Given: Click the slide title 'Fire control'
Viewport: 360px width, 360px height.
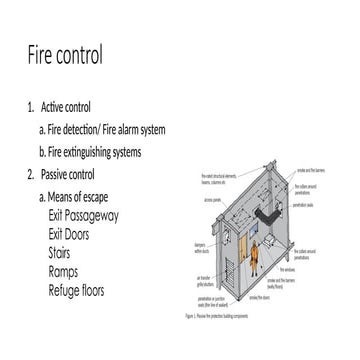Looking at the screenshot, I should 65,54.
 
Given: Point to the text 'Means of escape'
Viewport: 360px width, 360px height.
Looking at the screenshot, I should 86,197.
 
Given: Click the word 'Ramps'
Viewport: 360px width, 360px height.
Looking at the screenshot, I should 67,271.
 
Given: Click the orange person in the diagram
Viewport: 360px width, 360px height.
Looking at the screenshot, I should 253,253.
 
